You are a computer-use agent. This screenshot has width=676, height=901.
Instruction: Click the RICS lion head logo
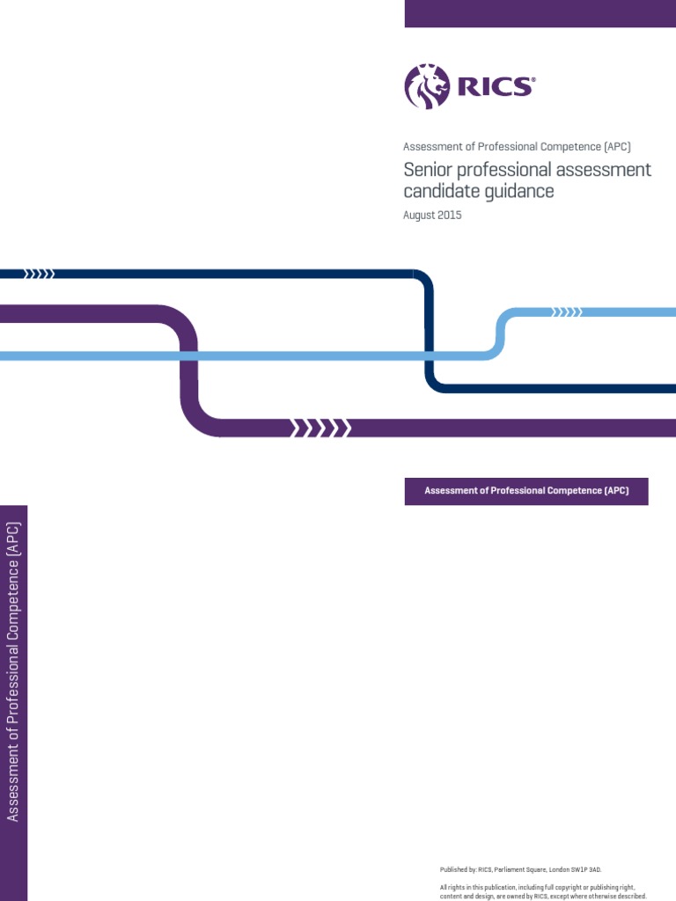(427, 86)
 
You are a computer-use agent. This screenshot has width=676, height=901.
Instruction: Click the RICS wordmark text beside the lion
(493, 86)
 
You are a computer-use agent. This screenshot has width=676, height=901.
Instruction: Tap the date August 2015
(432, 216)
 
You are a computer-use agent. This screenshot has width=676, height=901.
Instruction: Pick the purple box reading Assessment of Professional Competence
(526, 491)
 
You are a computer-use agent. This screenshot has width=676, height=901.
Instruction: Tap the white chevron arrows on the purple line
(321, 429)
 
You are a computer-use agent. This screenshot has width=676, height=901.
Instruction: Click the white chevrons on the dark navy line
(39, 274)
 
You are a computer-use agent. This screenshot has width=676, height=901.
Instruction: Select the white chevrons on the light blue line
(566, 311)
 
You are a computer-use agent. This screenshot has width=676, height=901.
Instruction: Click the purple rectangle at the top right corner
(540, 13)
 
